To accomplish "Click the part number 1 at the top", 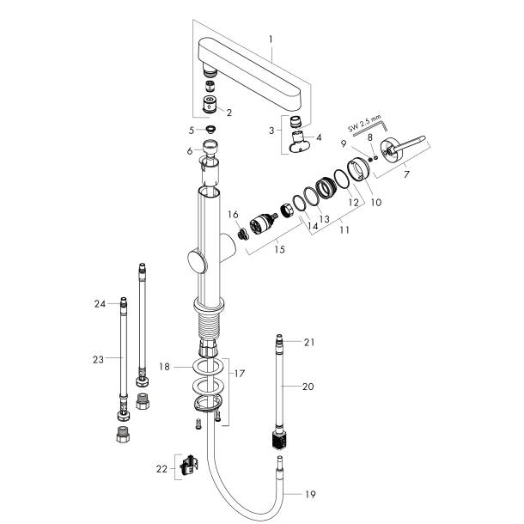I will point(271,40).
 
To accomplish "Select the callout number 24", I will point(100,303).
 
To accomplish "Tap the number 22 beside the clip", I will point(162,468).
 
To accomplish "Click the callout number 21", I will point(309,343).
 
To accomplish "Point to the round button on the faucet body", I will point(198,263).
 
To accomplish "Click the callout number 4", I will point(320,137).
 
